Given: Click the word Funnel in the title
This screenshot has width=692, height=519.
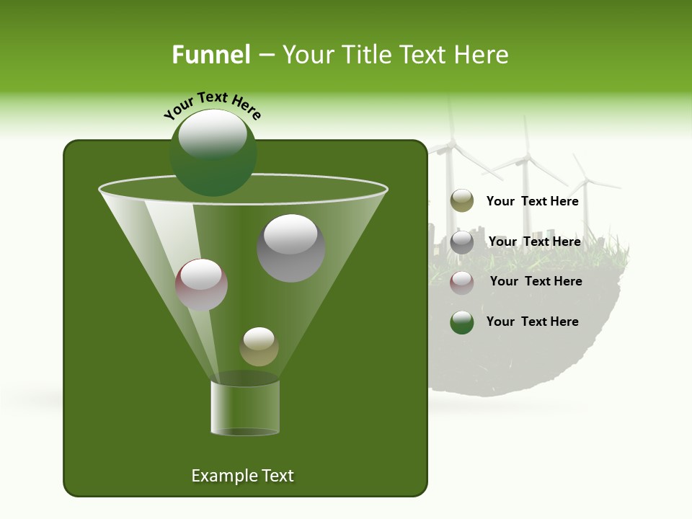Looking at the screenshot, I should point(210,55).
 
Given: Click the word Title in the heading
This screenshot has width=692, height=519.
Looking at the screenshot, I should point(367,55).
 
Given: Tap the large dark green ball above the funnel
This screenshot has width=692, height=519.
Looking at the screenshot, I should point(213,153).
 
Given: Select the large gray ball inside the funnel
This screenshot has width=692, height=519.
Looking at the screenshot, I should point(290,248).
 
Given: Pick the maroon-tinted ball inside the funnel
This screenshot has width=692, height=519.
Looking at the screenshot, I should point(202,285).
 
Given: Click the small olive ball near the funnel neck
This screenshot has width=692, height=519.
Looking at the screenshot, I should point(259,347).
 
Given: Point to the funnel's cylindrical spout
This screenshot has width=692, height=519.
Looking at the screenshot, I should point(245,407).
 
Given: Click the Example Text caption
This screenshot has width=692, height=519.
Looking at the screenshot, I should point(242,476).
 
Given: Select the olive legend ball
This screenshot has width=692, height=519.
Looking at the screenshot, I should point(462,201).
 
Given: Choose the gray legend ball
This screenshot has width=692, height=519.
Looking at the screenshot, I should point(462,242).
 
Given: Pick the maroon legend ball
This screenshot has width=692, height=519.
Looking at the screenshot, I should point(462,282).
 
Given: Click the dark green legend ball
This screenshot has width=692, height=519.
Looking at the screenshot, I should point(462,322).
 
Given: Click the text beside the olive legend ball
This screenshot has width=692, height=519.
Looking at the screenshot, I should point(532,202).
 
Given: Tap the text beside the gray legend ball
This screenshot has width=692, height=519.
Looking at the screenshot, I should point(534,242).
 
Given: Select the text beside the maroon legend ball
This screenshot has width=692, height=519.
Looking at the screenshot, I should point(536,282).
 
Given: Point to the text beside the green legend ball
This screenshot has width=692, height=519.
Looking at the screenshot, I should point(532,322).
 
